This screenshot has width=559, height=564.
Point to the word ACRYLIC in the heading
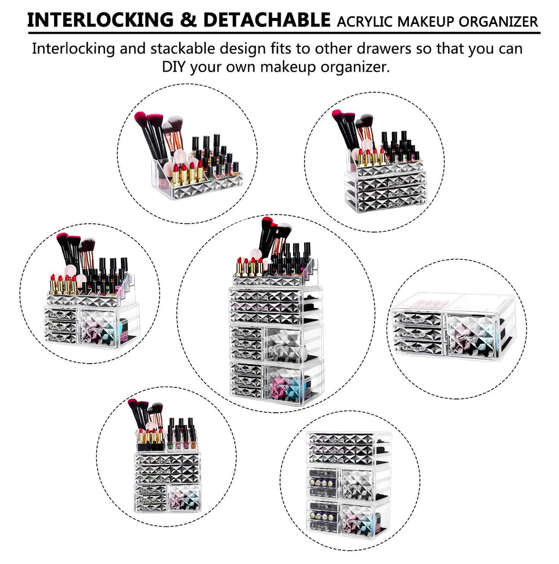(365, 22)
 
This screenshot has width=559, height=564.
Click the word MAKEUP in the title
(425, 22)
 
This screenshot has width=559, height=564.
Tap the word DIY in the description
(174, 67)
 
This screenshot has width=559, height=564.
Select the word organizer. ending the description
(355, 68)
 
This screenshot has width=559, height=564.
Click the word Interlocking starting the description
(73, 49)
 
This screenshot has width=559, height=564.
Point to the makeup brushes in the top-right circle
(353, 129)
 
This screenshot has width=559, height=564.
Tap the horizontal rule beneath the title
(284, 33)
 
